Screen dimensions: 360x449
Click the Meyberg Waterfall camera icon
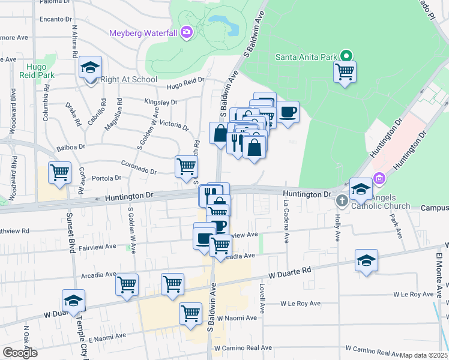tap(187, 32)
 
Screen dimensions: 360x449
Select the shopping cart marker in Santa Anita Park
tap(345, 72)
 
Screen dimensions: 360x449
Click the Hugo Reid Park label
tap(41, 71)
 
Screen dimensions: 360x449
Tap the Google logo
tap(20, 353)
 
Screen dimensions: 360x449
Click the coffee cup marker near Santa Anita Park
tap(288, 112)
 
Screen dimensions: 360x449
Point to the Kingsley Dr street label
tap(161, 102)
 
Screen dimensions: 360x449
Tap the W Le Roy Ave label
tap(413, 295)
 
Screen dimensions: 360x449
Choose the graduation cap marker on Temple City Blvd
tap(73, 301)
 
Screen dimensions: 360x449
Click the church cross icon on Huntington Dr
tap(342, 200)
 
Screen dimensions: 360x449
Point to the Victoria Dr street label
tap(174, 125)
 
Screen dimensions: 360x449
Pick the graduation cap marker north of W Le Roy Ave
tap(366, 260)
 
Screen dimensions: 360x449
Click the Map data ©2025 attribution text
tap(423, 355)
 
